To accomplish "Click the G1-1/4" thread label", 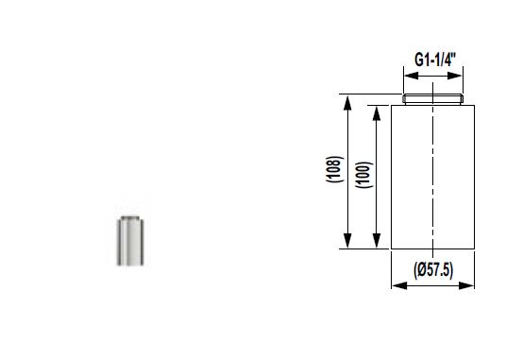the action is pyautogui.click(x=435, y=60).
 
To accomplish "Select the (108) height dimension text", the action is pyautogui.click(x=334, y=169).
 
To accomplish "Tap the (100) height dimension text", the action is pyautogui.click(x=363, y=175).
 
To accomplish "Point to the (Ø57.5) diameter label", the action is pyautogui.click(x=433, y=270).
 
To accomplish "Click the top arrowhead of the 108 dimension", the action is pyautogui.click(x=347, y=103).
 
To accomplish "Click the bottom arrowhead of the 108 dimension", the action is pyautogui.click(x=347, y=241).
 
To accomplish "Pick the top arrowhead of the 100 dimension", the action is pyautogui.click(x=377, y=113).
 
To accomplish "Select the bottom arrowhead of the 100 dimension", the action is pyautogui.click(x=377, y=241).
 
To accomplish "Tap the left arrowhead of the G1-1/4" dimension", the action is pyautogui.click(x=412, y=76).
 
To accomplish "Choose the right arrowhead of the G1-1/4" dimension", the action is pyautogui.click(x=455, y=76).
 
